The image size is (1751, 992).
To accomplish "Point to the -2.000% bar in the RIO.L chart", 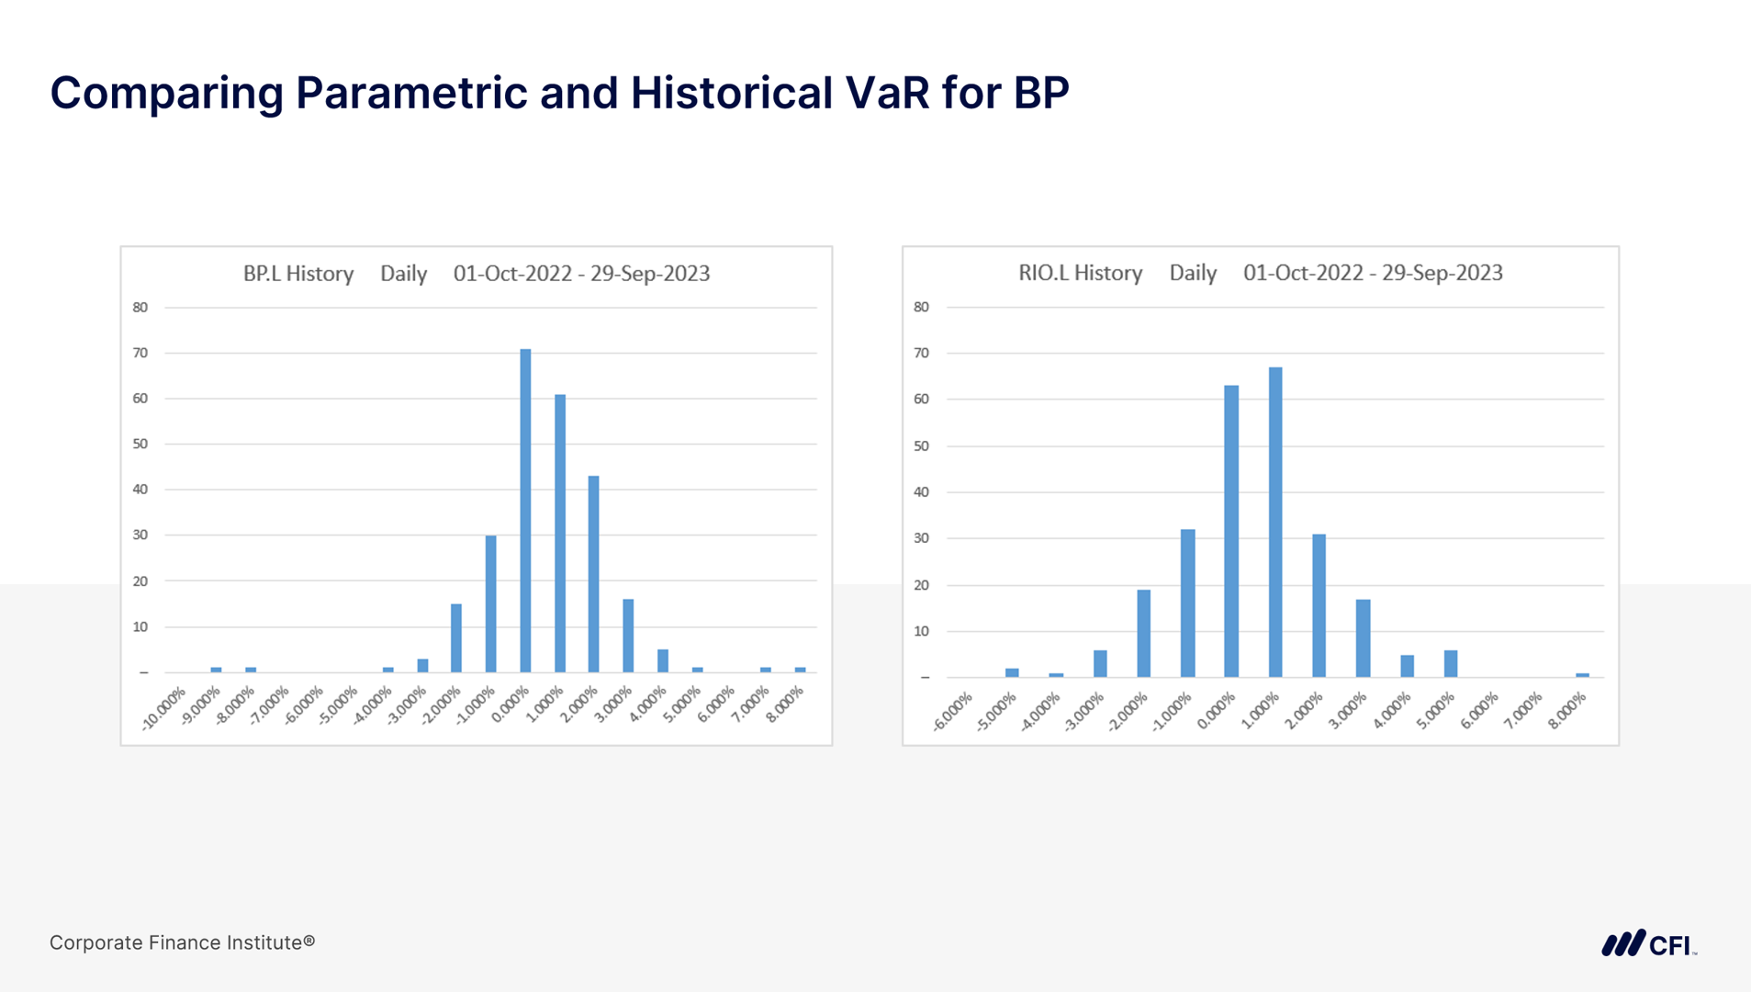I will point(1143,633).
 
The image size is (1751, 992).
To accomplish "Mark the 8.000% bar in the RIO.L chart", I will point(1582,675).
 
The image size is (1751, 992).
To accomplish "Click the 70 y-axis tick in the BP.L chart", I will point(140,353).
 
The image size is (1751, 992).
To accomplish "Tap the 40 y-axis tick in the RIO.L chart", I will point(921,492).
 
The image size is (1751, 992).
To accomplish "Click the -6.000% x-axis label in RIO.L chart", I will point(953,713).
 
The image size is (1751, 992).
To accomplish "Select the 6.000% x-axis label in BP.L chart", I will point(716,705).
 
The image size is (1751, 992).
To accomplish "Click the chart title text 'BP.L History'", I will point(297,274).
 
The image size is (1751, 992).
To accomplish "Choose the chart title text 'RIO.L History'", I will point(1080,273).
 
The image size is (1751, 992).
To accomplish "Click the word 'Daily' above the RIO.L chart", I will point(1192,273).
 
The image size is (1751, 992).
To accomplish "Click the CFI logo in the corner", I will point(1648,944).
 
